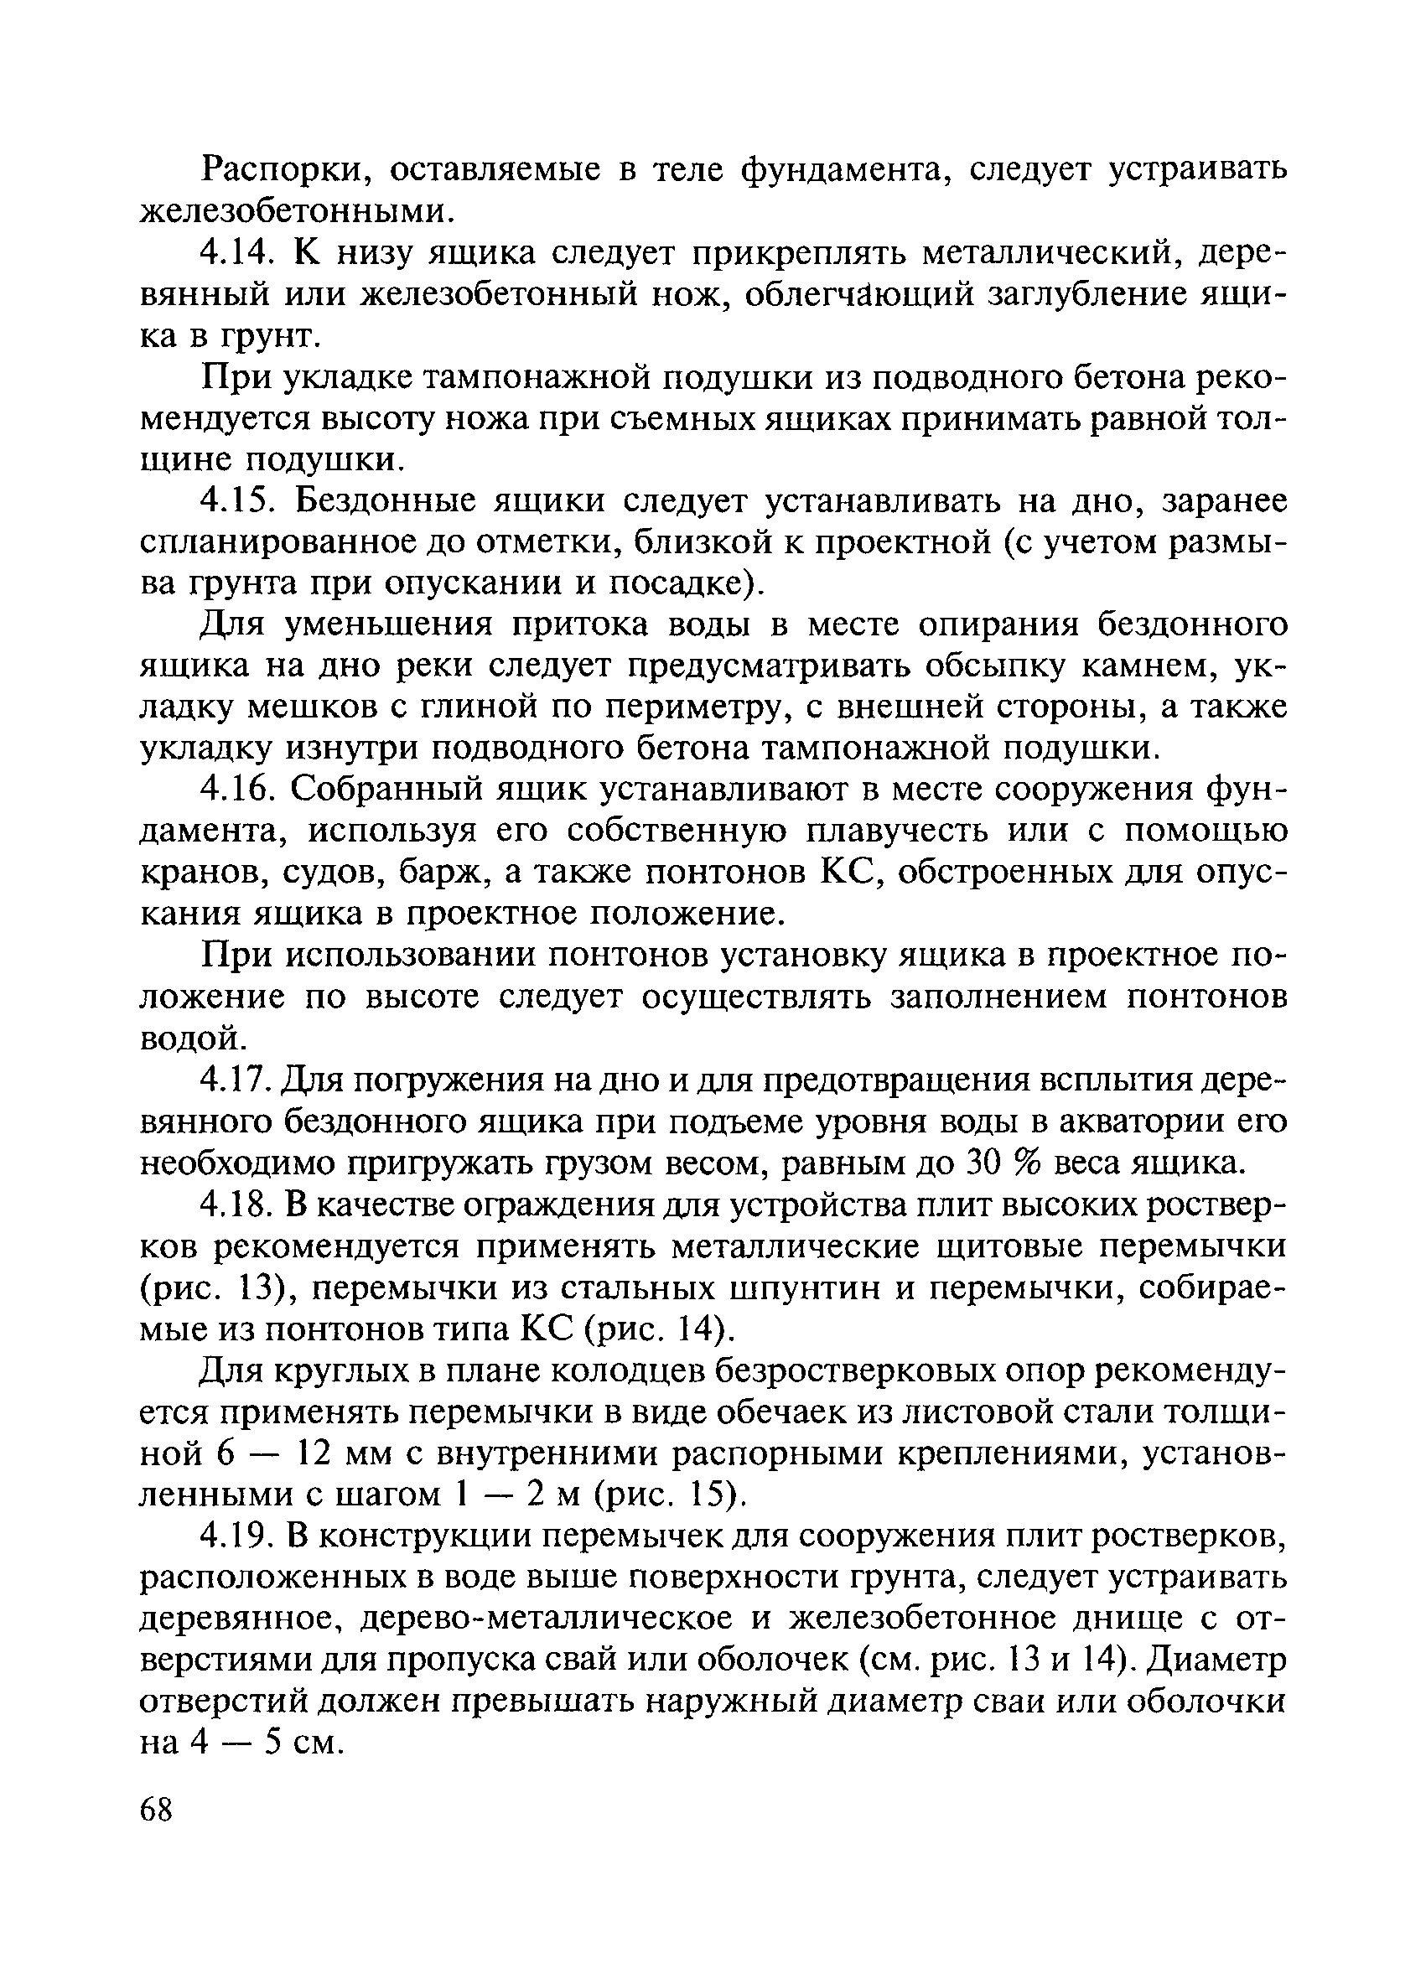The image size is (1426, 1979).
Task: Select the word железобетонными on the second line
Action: click(298, 210)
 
